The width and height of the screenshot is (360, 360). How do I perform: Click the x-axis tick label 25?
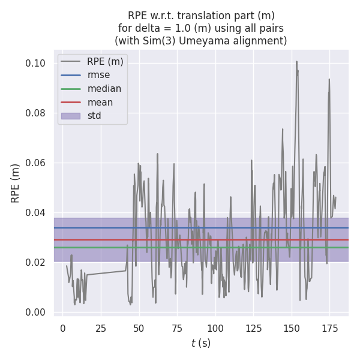click(101, 328)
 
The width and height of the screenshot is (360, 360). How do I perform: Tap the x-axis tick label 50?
click(139, 328)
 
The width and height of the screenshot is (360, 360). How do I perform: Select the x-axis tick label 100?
click(215, 328)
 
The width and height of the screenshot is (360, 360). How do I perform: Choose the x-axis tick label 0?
click(63, 328)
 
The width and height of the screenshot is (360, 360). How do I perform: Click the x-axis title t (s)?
click(201, 343)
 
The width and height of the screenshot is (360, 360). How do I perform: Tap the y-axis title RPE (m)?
click(16, 183)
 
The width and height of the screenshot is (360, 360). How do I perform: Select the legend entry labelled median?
click(104, 89)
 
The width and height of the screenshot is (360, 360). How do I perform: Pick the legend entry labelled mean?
click(100, 102)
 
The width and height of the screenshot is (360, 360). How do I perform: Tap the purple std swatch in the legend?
click(71, 116)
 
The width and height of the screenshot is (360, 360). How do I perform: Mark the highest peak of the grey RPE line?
click(296, 61)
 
